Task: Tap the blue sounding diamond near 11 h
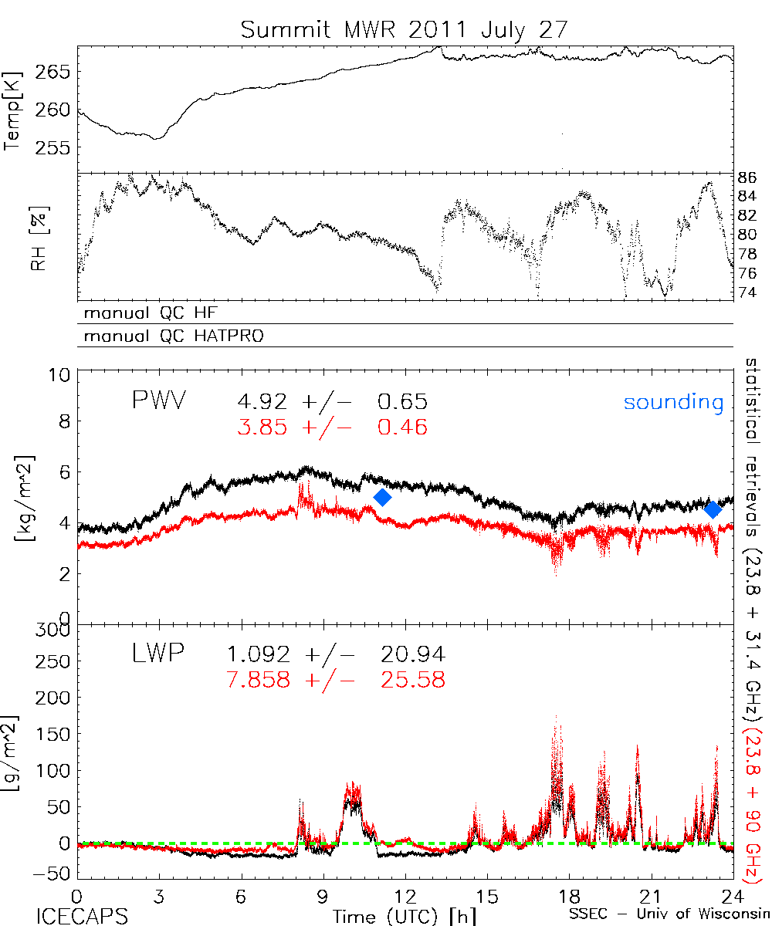[382, 498]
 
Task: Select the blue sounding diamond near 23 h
[713, 509]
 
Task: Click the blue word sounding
[674, 402]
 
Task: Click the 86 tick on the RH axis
[747, 177]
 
